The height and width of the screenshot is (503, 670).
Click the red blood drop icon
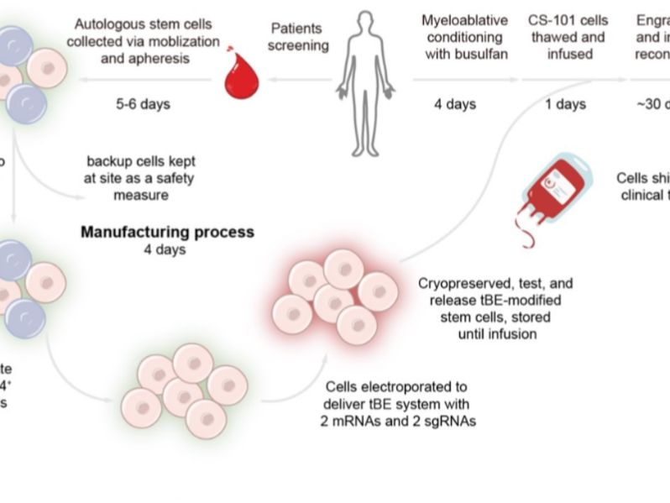(240, 80)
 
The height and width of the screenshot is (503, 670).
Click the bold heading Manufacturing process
(167, 231)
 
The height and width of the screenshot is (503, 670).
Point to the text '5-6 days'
(143, 104)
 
